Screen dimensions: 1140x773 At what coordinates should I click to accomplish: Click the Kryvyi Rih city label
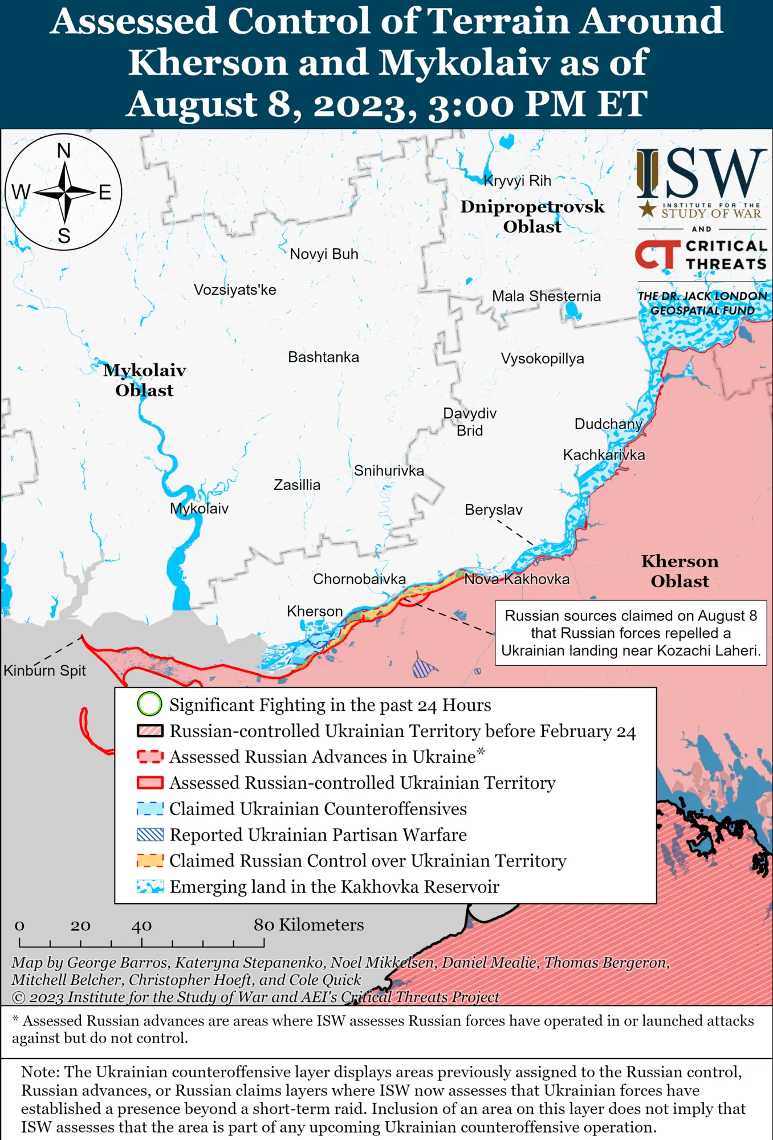point(517,181)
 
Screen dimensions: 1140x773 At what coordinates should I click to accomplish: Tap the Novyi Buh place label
point(324,254)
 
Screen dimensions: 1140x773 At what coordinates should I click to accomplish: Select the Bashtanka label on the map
point(323,357)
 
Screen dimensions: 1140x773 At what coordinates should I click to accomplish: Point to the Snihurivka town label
point(389,471)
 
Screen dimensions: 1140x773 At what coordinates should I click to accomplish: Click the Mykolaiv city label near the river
point(199,508)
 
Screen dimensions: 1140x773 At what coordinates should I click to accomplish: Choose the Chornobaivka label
point(359,579)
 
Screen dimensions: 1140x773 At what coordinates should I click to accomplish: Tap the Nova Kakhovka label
point(516,579)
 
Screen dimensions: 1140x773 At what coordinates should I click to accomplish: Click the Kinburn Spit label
point(44,670)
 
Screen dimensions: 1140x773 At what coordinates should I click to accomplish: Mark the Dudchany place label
point(608,424)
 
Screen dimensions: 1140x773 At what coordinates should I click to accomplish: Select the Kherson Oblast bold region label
point(680,571)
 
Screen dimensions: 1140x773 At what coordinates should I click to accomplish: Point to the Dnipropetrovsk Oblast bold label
point(532,217)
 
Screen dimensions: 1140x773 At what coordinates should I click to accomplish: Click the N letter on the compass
point(64,151)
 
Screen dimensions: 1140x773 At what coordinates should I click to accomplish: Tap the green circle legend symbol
point(150,704)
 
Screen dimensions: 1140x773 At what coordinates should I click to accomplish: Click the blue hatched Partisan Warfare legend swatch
point(150,834)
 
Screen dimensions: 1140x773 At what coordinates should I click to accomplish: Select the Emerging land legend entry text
point(334,887)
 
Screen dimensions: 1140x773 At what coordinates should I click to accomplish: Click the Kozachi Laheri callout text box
point(630,633)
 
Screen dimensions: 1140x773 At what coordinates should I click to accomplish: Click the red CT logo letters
point(657,254)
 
